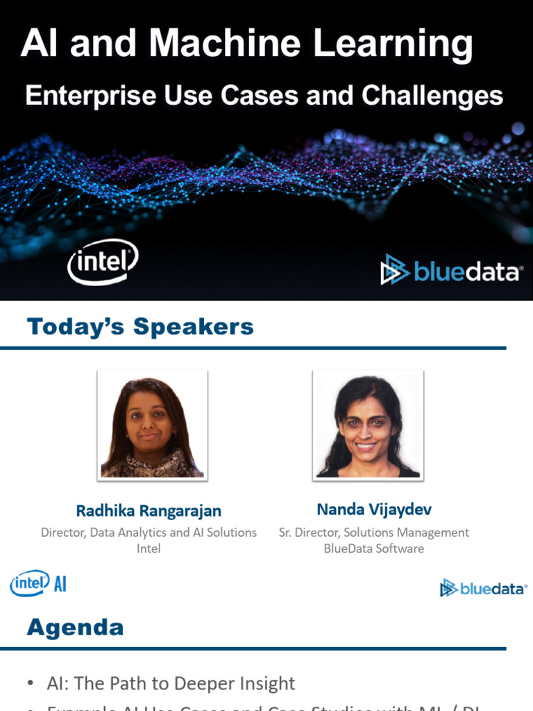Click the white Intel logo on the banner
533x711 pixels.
pos(103,262)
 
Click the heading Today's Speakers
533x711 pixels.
pos(140,326)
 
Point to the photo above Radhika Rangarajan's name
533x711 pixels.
pos(152,426)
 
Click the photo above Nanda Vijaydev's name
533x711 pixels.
pos(368,426)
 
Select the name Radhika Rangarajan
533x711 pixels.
pos(149,511)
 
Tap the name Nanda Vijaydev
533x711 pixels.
pos(374,510)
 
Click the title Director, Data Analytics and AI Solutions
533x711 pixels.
pos(149,533)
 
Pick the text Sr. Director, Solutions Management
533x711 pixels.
pos(374,533)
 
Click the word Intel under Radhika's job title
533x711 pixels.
pos(149,549)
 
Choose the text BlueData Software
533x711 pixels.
pos(374,549)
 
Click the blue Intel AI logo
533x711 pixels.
pos(38,583)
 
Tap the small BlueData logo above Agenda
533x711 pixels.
pos(483,589)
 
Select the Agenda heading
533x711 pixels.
pos(75,628)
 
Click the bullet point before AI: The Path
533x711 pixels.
pos(31,684)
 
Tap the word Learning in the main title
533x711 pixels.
pos(393,44)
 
